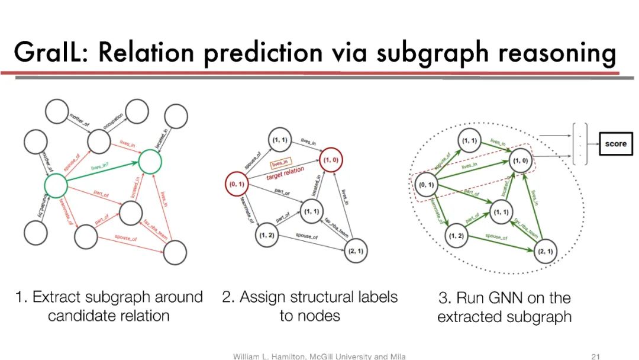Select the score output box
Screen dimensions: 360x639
(615, 143)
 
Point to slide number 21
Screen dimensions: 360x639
(596, 356)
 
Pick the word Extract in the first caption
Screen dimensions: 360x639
(57, 297)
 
